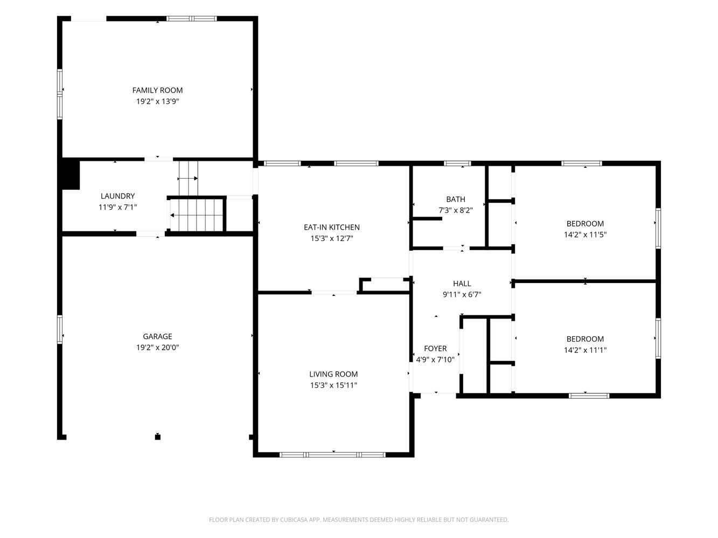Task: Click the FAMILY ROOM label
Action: pos(157,90)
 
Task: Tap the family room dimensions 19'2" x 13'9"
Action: pos(157,101)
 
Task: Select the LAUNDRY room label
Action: pos(117,196)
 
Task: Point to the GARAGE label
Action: pos(157,336)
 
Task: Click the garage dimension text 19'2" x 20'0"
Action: pos(157,347)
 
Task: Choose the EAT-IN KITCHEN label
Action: pos(332,227)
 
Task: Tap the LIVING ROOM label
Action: pos(333,374)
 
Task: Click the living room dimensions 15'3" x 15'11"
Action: pos(333,385)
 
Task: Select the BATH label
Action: pos(456,199)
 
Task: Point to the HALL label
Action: pos(462,284)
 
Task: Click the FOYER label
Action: pos(435,349)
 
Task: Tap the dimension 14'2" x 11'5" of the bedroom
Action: pos(585,235)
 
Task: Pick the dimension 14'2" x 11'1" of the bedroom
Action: pos(585,350)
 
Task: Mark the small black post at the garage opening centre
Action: pos(158,437)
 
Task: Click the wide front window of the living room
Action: pos(333,455)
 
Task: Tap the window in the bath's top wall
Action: pos(457,164)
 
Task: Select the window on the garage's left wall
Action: pos(60,329)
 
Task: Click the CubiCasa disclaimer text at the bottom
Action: pos(359,520)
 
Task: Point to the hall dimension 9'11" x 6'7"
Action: pos(462,295)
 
